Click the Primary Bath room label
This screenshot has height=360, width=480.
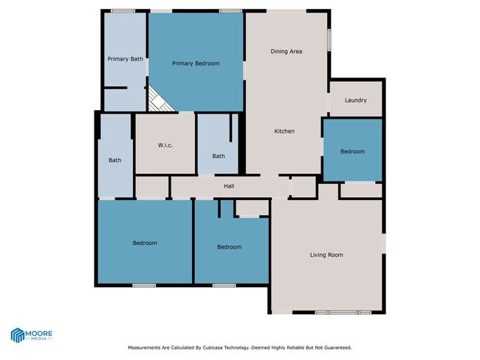click(125, 59)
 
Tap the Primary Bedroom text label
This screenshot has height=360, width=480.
click(196, 63)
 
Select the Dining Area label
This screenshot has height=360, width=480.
click(287, 52)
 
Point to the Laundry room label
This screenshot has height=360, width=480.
click(355, 100)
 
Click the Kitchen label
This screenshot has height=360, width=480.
click(284, 131)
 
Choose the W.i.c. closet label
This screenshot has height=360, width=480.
click(165, 145)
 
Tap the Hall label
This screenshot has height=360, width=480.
click(229, 186)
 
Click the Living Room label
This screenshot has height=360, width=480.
click(326, 255)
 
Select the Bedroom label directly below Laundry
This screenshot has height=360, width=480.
click(352, 151)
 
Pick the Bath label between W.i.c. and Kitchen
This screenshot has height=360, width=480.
click(219, 156)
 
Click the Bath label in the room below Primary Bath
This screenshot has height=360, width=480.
click(114, 160)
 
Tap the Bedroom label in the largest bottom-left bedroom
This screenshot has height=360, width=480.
click(145, 243)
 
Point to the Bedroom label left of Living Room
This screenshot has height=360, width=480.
click(229, 247)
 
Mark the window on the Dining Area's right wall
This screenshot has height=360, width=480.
click(329, 37)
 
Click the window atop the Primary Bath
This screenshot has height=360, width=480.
click(123, 10)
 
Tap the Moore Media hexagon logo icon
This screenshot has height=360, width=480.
click(18, 335)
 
